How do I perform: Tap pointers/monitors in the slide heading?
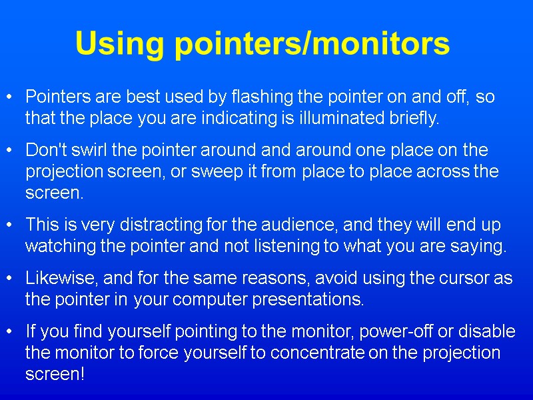(311, 45)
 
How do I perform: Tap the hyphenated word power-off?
(375, 331)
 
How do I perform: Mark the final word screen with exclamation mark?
(55, 375)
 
